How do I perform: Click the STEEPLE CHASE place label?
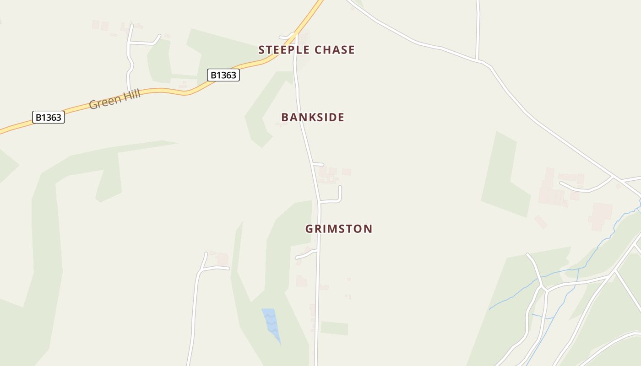[306, 50]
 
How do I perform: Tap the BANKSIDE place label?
[313, 117]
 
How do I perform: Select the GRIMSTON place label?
[339, 229]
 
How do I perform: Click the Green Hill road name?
[114, 99]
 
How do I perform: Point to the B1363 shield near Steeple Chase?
[223, 75]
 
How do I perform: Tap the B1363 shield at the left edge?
[48, 117]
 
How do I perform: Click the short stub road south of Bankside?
[318, 164]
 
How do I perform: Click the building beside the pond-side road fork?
[223, 259]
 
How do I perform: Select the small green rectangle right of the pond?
[334, 328]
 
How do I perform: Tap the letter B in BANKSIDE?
[285, 117]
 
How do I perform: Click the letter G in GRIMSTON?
[310, 229]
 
